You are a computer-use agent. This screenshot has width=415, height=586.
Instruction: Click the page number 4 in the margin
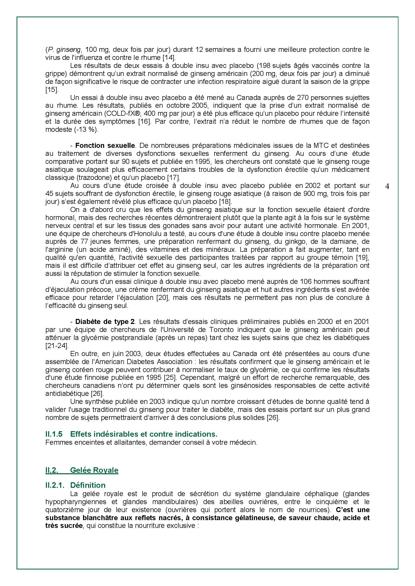tap(387, 187)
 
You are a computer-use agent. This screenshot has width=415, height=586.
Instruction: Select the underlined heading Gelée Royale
tap(94, 470)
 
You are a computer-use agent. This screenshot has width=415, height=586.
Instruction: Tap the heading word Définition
tap(88, 485)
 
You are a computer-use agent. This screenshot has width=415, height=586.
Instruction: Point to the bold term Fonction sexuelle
tap(105, 146)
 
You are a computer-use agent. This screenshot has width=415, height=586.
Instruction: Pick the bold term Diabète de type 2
tap(105, 321)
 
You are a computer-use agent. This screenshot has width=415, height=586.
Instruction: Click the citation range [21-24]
tap(57, 345)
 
